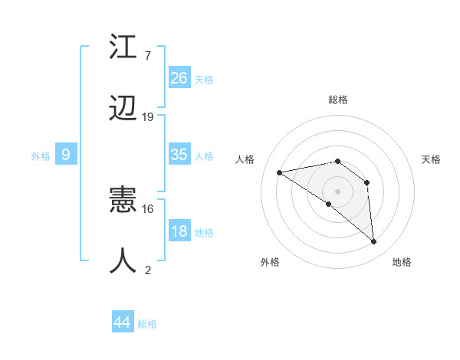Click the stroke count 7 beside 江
coord(147,55)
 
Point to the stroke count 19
coord(148,117)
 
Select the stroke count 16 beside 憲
coord(148,208)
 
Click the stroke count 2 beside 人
coord(148,270)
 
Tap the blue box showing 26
coord(179,77)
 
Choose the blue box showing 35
coord(179,155)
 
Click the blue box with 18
coord(179,231)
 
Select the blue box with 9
coord(66,155)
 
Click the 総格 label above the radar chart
coord(338,100)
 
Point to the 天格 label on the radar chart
coord(432,159)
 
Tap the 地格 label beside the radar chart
coord(402,262)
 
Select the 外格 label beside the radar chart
coord(270,262)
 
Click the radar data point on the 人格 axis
coord(280,172)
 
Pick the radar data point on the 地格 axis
coord(374,242)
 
